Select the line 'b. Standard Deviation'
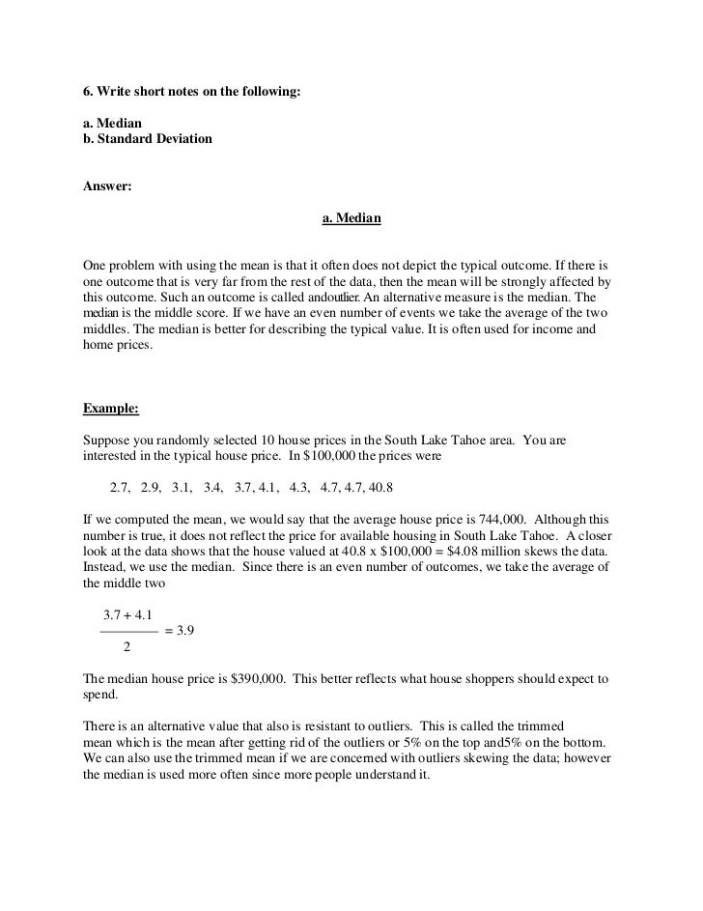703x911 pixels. tap(148, 139)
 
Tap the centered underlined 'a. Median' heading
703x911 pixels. tap(351, 218)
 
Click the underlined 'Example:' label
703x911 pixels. tap(111, 408)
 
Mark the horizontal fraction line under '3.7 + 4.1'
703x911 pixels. tap(128, 630)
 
